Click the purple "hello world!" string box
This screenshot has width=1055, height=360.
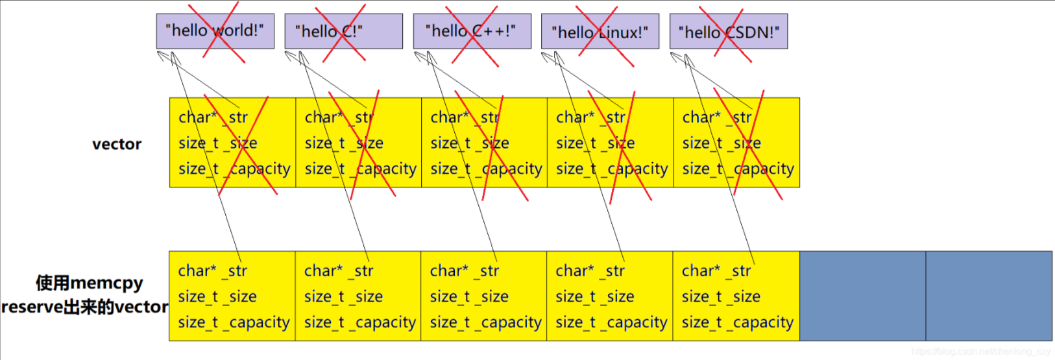(x=215, y=31)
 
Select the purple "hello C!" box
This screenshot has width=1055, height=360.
(x=343, y=31)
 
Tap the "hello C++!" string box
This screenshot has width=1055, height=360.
(x=472, y=31)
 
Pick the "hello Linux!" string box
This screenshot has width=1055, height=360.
(x=600, y=31)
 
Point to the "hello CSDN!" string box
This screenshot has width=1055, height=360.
(x=728, y=31)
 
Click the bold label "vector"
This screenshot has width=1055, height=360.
(x=117, y=144)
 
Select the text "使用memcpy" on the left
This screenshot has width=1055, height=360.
(x=89, y=283)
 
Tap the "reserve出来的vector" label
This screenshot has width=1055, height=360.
(x=85, y=307)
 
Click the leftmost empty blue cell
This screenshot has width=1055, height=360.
(x=862, y=296)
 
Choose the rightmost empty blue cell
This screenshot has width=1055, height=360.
(x=989, y=296)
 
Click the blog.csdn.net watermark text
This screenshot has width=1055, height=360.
(x=980, y=352)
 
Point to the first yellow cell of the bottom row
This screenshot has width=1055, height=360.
(x=232, y=296)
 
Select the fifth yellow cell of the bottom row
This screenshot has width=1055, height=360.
(x=736, y=296)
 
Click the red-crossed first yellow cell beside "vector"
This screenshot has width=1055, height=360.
(x=232, y=143)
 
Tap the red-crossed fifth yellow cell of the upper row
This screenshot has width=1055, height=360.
(x=736, y=143)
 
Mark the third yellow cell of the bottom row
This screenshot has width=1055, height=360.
(x=484, y=296)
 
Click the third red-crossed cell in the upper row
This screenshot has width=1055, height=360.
(x=484, y=143)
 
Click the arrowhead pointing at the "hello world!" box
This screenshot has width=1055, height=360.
(x=162, y=56)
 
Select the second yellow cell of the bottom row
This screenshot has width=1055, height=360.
(x=358, y=296)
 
